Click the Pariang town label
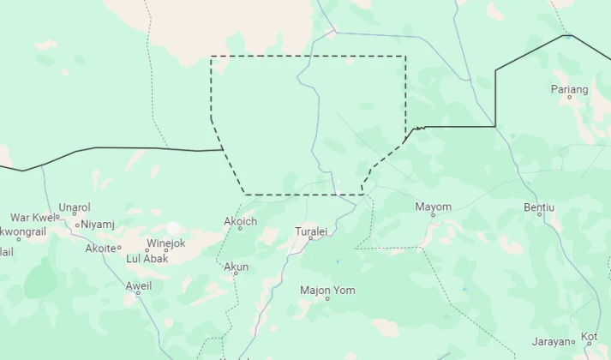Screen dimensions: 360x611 point(570,89)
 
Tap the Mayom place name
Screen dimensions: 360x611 point(433,207)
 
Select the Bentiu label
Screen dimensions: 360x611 point(539,207)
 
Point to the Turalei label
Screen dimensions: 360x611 point(311,231)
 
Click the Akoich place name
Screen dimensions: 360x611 point(240,222)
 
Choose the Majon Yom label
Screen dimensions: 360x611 point(327,290)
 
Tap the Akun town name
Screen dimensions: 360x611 point(236,267)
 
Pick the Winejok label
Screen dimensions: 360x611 point(166,243)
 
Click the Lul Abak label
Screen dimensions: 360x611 point(147,258)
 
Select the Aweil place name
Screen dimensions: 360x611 point(138,285)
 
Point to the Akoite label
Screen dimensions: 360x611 point(99,249)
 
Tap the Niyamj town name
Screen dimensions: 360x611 point(98,225)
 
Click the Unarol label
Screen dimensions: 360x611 point(75,207)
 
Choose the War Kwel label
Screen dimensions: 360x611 point(32,218)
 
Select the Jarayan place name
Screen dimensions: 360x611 point(549,341)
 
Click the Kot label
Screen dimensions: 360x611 point(590,336)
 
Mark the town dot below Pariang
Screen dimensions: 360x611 point(570,98)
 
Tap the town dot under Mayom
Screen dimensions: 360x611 point(433,215)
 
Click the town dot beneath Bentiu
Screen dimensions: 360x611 point(539,214)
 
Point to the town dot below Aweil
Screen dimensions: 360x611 point(138,294)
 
